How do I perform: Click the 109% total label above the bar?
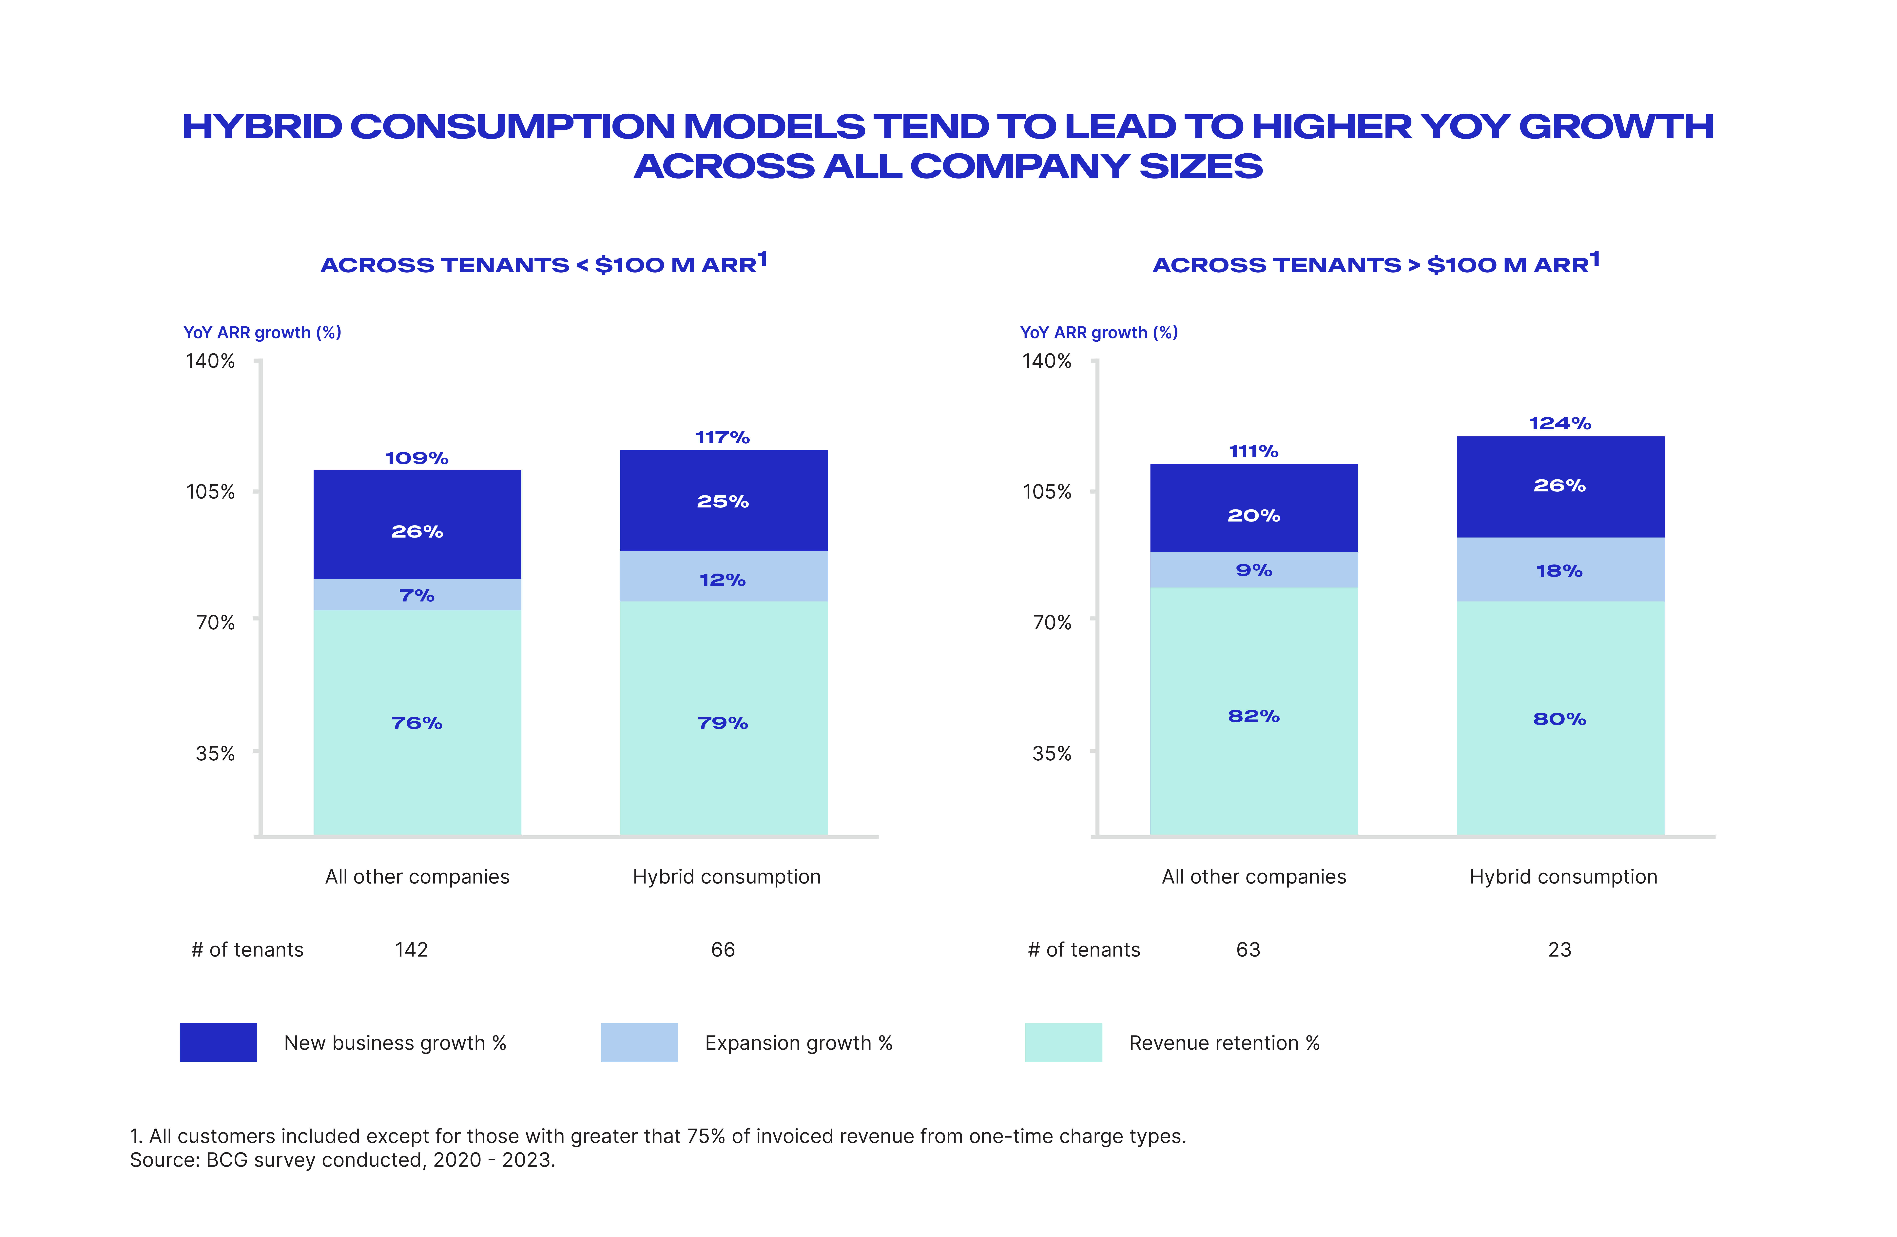coord(417,458)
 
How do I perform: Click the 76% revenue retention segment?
coord(417,723)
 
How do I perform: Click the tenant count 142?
coord(411,949)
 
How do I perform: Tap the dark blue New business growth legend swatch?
coord(218,1042)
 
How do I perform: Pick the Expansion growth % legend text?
coord(798,1042)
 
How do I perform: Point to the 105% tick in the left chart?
coord(210,492)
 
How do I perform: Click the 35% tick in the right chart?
coord(1051,753)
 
